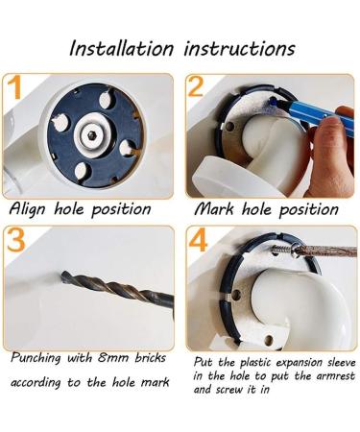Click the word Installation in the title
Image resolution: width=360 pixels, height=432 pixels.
coord(122,49)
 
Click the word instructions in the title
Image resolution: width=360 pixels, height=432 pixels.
coord(239,49)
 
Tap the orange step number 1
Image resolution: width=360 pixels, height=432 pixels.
coord(15,87)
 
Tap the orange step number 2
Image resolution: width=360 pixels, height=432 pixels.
coord(196,86)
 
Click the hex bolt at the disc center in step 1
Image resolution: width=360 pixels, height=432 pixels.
coord(92,135)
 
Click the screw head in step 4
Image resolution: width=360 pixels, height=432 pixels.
coord(296,250)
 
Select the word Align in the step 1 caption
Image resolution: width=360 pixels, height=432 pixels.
coord(28,209)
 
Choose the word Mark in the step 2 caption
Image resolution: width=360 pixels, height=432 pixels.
coord(214,209)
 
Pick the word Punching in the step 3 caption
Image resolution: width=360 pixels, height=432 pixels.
coord(36,358)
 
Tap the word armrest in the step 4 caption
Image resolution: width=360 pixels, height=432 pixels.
coord(336,376)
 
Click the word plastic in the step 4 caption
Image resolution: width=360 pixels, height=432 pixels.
coord(256,363)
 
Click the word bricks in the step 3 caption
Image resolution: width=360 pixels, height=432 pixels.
coord(150,357)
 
